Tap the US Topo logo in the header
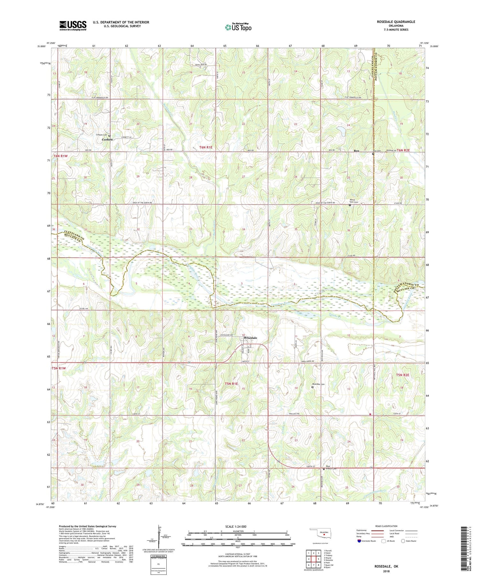pyautogui.click(x=238, y=27)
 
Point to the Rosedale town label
pyautogui.click(x=250, y=338)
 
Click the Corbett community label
pyautogui.click(x=107, y=140)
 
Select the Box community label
pyautogui.click(x=356, y=151)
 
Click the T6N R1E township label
pyautogui.click(x=206, y=147)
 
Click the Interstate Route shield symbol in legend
pyautogui.click(x=359, y=541)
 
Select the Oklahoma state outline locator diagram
pyautogui.click(x=324, y=533)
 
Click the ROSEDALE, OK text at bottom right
pyautogui.click(x=386, y=567)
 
